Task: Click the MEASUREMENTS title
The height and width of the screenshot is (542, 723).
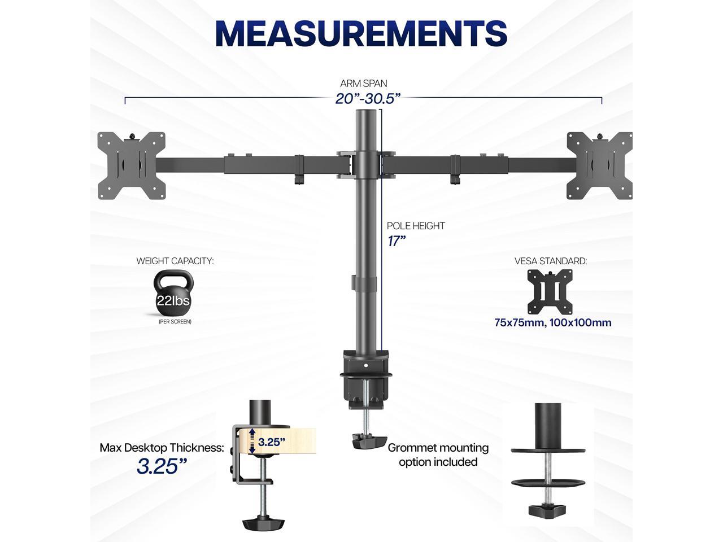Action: pyautogui.click(x=361, y=33)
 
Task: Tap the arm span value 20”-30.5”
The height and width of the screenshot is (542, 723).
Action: pyautogui.click(x=368, y=98)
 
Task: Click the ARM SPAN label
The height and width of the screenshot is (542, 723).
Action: pyautogui.click(x=364, y=84)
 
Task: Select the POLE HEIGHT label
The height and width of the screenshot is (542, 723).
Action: pyautogui.click(x=416, y=226)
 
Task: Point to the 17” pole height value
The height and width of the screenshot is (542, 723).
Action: pyautogui.click(x=397, y=241)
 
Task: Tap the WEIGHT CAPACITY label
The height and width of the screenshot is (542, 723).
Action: pyautogui.click(x=175, y=261)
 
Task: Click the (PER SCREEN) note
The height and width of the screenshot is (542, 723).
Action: pyautogui.click(x=175, y=321)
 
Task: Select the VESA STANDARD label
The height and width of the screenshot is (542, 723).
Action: pyautogui.click(x=551, y=261)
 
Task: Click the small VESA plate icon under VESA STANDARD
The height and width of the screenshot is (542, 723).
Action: pyautogui.click(x=550, y=292)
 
